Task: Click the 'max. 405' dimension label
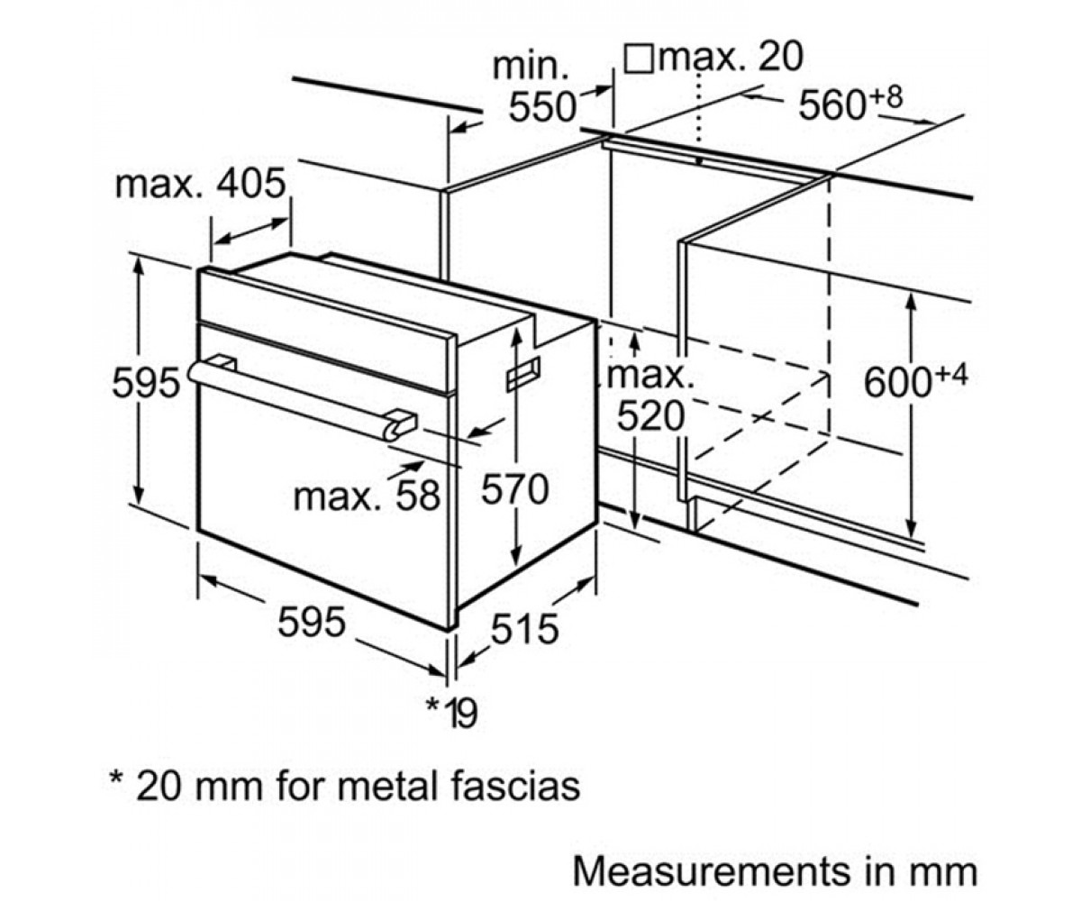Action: [x=200, y=184]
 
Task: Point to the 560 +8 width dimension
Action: [x=850, y=105]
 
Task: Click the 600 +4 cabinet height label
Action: [x=915, y=381]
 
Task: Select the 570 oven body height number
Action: [x=514, y=489]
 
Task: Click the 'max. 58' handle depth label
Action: [x=367, y=496]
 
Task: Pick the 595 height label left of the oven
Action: [x=146, y=383]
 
